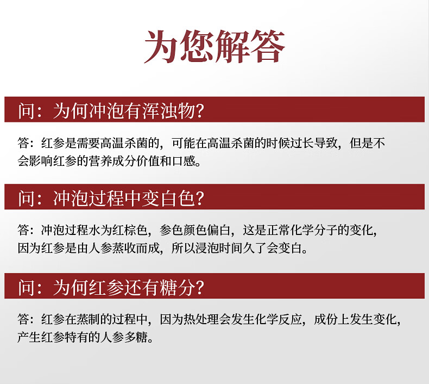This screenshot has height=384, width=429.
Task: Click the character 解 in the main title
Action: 232,46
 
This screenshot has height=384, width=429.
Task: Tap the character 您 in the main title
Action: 197,46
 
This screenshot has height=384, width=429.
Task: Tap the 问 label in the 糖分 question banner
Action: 27,288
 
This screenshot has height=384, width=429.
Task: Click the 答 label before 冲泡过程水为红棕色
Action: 23,230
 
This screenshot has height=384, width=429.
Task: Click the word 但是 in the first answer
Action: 361,143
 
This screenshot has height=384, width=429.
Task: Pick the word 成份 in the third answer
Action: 326,319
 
